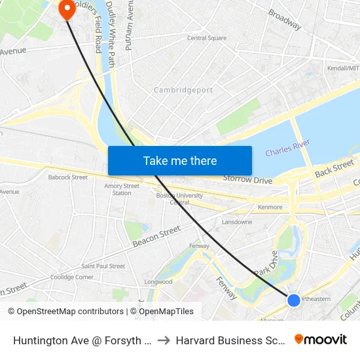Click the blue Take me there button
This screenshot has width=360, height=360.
(180, 160)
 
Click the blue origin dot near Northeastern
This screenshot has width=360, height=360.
(294, 300)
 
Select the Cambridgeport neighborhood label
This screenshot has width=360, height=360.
(183, 90)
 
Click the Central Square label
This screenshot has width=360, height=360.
(207, 38)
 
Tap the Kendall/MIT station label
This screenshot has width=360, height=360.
(343, 68)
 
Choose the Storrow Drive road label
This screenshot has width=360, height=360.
(247, 179)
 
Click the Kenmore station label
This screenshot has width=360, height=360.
(270, 207)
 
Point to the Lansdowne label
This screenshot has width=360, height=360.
(237, 222)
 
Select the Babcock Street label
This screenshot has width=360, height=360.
(67, 177)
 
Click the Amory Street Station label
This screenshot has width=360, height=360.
(122, 189)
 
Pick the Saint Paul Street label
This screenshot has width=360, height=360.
(103, 266)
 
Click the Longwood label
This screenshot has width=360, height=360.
(159, 282)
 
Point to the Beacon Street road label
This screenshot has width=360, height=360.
(156, 236)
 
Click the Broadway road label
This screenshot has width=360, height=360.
(285, 20)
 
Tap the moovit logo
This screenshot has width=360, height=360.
(321, 339)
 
